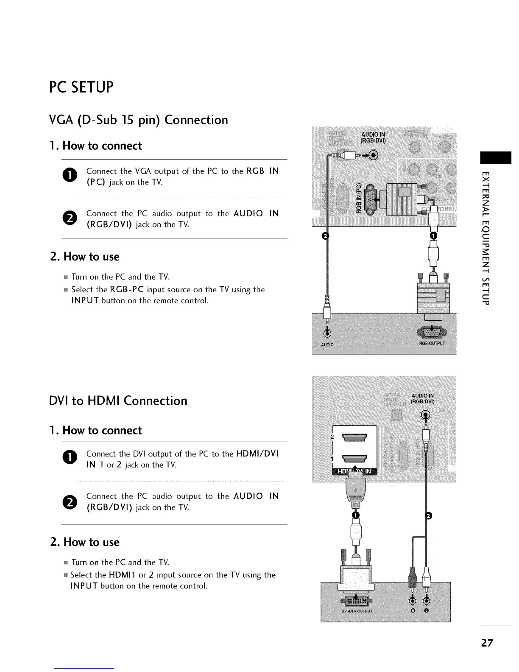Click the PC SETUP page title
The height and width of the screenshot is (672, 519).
coord(81,87)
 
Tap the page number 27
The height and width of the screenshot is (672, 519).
coord(487,642)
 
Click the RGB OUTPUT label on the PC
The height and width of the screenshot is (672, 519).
coord(432,343)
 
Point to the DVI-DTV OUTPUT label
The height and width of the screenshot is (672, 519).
coord(357,611)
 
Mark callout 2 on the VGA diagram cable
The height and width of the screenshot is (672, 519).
coord(325,236)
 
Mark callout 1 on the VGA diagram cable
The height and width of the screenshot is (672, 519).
coord(433,236)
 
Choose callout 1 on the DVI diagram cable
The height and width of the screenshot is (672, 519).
coord(356,515)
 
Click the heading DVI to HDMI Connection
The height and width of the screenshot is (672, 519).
coord(118,400)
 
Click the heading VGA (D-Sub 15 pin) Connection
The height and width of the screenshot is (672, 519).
coord(138,120)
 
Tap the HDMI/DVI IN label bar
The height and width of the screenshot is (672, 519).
coord(355,472)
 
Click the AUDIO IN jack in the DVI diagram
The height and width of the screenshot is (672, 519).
coord(426,415)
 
